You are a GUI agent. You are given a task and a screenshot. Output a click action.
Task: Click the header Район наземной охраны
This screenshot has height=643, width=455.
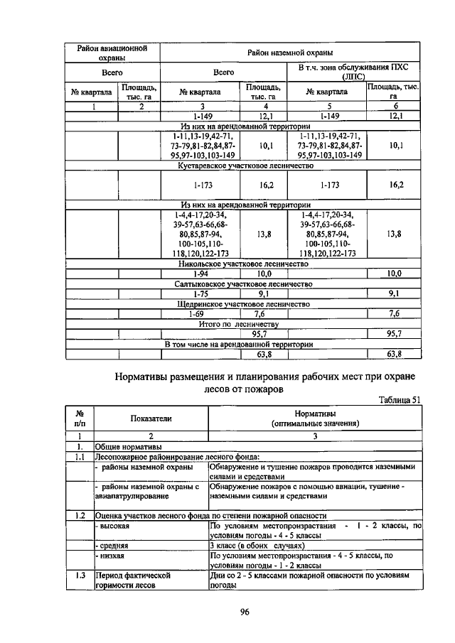click(290, 53)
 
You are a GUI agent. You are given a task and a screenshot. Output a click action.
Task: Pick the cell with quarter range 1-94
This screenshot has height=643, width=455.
click(200, 273)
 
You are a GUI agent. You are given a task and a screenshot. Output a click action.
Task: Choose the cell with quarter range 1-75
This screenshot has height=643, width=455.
click(200, 293)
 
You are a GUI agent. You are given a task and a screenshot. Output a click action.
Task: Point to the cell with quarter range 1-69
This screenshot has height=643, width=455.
click(200, 313)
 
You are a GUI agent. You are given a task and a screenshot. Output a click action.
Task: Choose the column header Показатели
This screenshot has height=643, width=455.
click(151, 418)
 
